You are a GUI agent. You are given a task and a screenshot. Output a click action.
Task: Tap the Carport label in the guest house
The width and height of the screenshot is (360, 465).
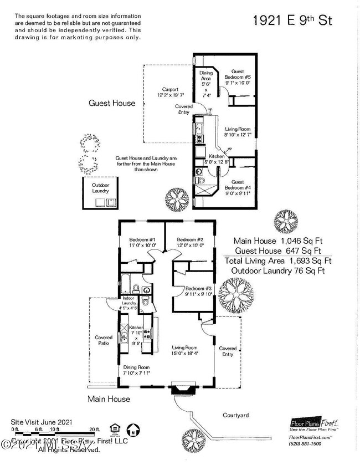170,93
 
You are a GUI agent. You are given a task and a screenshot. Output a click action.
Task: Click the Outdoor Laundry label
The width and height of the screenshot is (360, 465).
101,187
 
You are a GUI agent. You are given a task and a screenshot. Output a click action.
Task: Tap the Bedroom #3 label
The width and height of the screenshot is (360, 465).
199,291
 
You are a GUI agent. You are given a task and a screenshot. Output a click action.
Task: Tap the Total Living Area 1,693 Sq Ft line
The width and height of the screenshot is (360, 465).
282,260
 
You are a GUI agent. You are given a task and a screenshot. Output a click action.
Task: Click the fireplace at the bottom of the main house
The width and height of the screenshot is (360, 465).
181,389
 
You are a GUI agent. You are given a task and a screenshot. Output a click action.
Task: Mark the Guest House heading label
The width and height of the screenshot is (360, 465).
112,103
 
